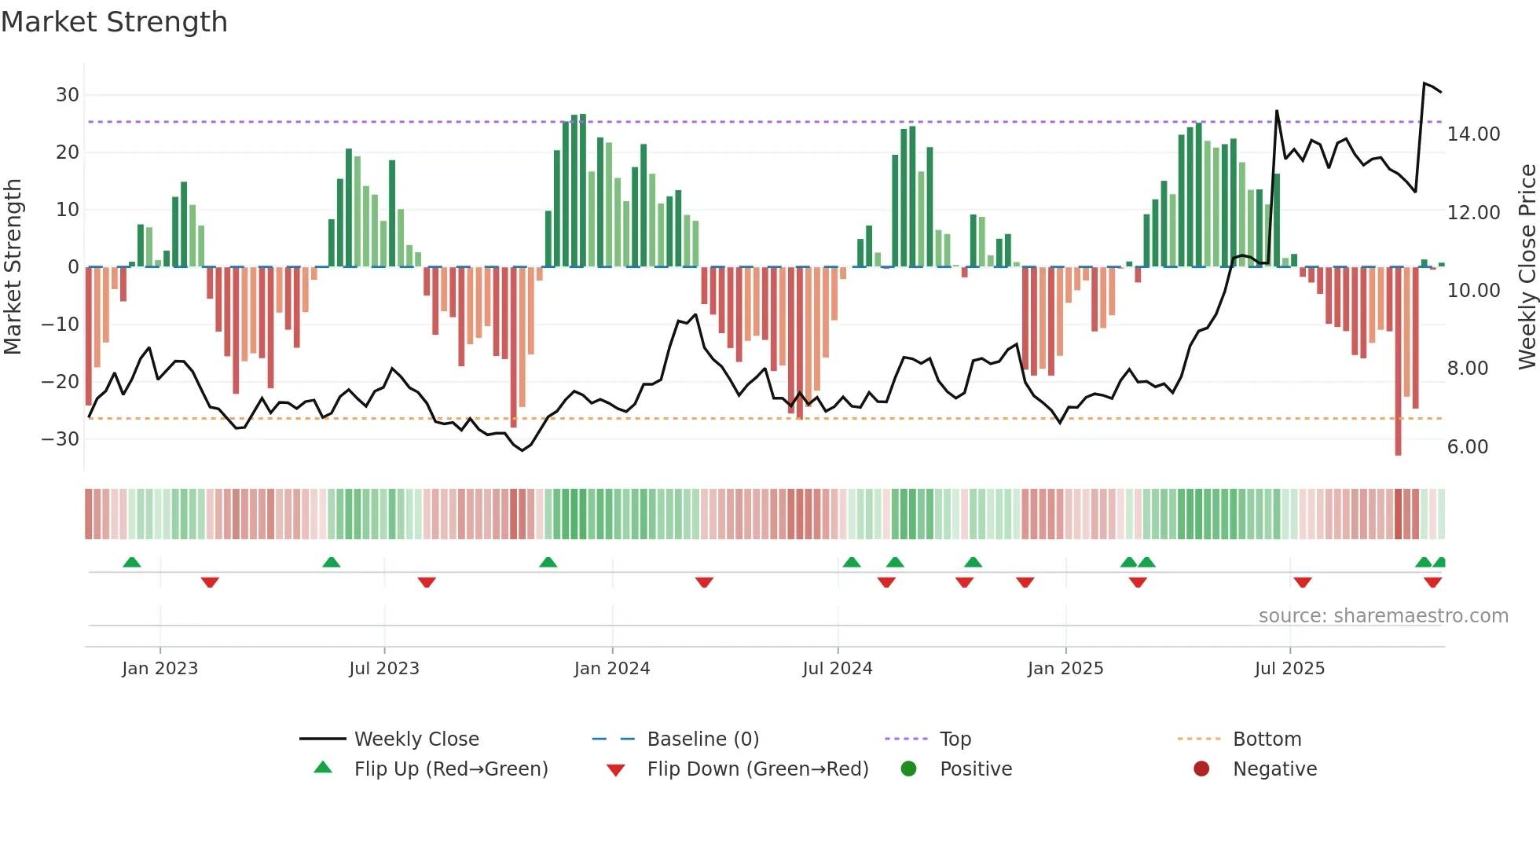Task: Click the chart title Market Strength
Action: [x=114, y=22]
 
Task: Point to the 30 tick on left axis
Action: [x=68, y=95]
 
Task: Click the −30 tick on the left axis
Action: [x=60, y=439]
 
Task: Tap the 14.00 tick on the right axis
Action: [x=1473, y=134]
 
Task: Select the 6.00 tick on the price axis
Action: [x=1467, y=447]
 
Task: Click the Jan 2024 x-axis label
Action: [x=611, y=669]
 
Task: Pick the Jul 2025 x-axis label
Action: [x=1289, y=669]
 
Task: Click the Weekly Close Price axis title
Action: [x=1527, y=267]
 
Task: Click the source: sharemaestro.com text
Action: [x=1383, y=616]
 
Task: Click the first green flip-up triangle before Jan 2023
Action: [x=132, y=562]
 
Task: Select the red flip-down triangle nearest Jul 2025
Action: [x=1302, y=582]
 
